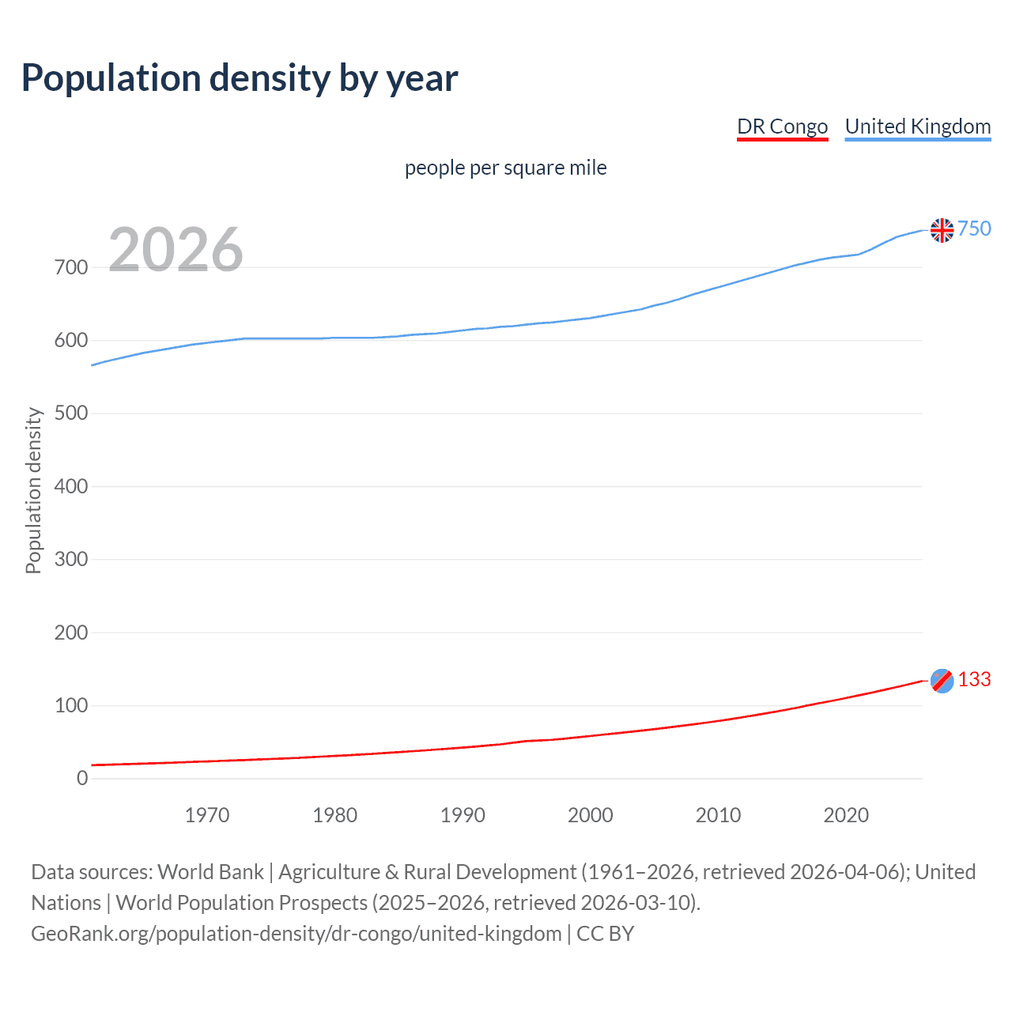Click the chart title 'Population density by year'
point(240,78)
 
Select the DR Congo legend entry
point(782,126)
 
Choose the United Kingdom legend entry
point(917,126)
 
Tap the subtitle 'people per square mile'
point(505,168)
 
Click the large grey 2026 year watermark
point(176,250)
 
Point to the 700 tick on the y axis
point(71,267)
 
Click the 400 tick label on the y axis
point(71,486)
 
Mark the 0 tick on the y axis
point(82,778)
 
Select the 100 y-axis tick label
point(71,705)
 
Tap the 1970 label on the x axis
point(207,815)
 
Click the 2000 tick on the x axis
point(591,815)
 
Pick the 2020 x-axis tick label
point(846,815)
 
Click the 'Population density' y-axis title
point(33,490)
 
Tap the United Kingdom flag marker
point(942,230)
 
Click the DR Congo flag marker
point(942,681)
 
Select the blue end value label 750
point(974,228)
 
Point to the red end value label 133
point(974,679)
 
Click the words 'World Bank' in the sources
point(210,872)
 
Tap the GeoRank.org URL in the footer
point(296,934)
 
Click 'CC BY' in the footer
point(606,934)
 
